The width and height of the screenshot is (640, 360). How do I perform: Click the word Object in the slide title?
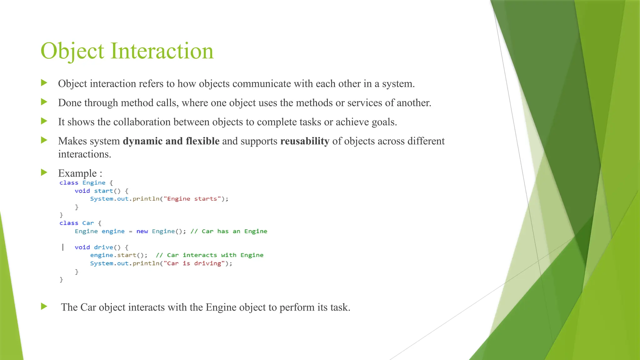pos(72,51)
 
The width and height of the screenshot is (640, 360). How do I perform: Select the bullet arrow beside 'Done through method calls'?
pos(44,102)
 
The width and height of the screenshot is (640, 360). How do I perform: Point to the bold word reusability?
pos(305,141)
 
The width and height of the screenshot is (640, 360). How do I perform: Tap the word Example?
pos(77,173)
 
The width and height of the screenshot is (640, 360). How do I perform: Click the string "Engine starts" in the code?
pos(192,199)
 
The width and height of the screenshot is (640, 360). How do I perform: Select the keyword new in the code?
pos(142,231)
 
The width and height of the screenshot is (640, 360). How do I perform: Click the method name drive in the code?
pos(103,247)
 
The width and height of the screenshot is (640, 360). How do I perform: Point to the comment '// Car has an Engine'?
pos(229,231)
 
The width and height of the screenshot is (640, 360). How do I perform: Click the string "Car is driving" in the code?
pos(194,263)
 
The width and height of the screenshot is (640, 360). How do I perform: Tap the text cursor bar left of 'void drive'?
pos(63,247)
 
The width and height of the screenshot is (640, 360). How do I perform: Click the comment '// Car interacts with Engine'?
pos(209,255)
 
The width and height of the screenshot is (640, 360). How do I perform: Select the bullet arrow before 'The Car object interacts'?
pos(44,307)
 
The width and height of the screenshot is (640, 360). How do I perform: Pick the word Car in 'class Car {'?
pos(88,223)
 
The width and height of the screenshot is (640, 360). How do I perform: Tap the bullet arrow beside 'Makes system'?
pos(44,140)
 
